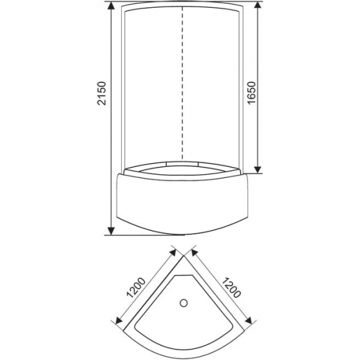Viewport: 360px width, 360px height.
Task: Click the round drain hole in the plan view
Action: [184, 302]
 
